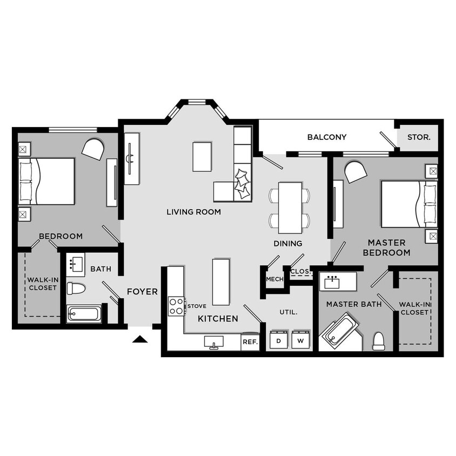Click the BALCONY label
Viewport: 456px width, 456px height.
pos(327,137)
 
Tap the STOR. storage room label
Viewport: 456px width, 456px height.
pos(419,137)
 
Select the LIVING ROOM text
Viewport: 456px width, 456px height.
pos(193,212)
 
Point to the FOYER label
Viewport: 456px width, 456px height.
pos(142,292)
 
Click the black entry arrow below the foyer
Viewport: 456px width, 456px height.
pos(140,339)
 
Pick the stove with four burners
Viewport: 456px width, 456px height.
pos(176,306)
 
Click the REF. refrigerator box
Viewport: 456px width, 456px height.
pos(250,342)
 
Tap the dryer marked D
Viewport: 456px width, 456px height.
pos(279,341)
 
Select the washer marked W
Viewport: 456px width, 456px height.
pos(300,341)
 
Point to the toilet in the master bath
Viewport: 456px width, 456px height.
pos(379,340)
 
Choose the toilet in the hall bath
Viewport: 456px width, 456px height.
pos(76,289)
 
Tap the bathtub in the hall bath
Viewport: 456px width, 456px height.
pos(84,314)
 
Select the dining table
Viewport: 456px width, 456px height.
pos(290,207)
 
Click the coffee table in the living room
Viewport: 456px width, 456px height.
pos(202,157)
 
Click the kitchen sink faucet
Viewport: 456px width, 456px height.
pos(214,343)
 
